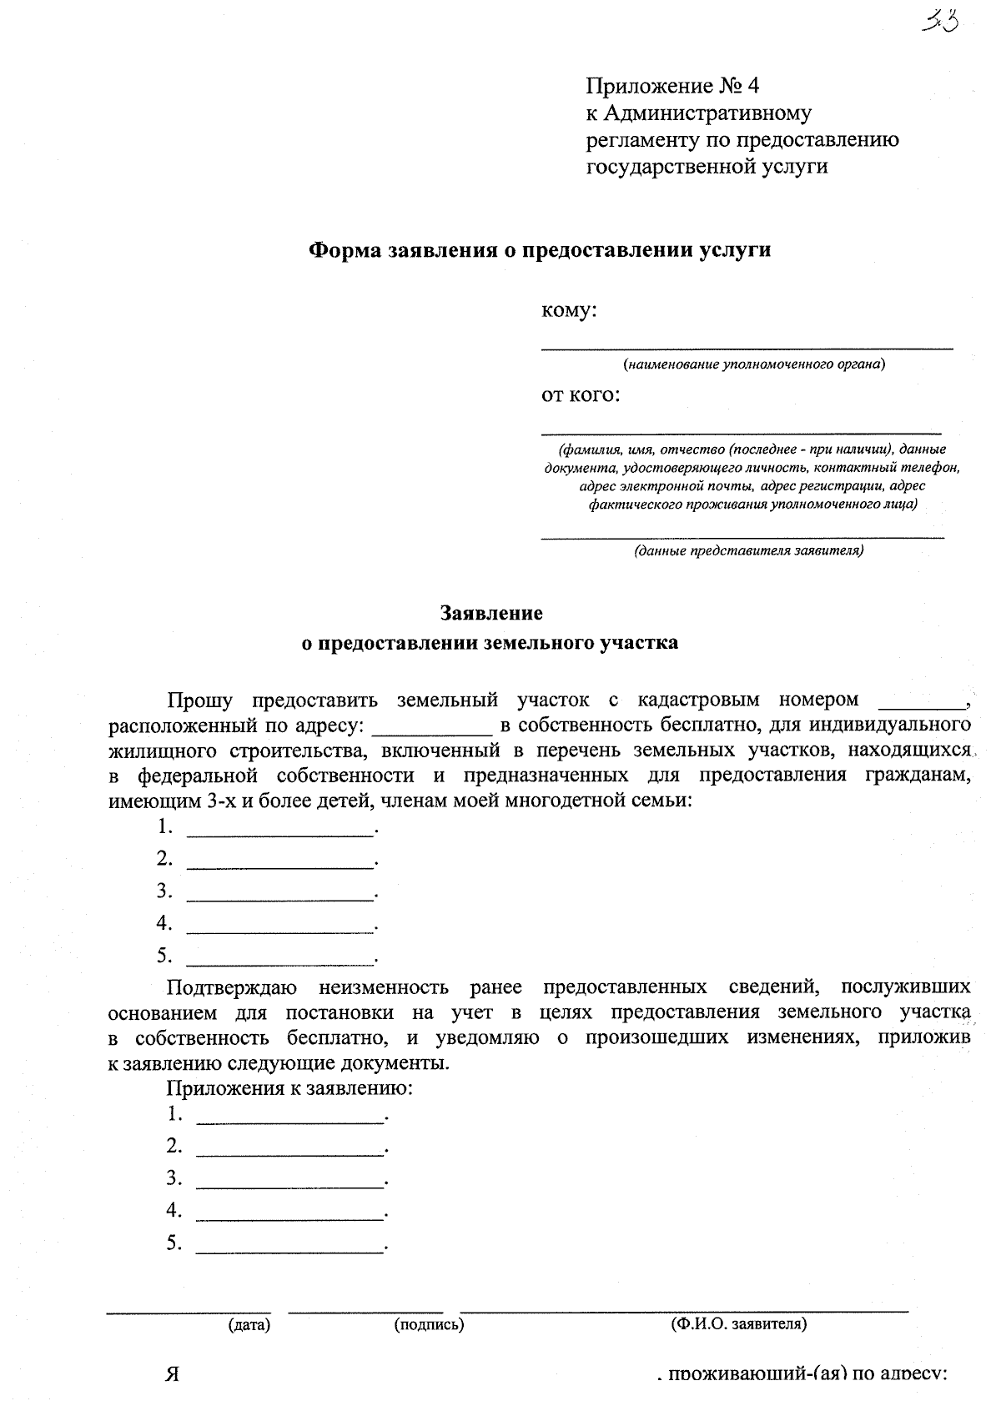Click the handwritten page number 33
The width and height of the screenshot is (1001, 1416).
(940, 21)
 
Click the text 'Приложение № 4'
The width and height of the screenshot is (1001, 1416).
(672, 86)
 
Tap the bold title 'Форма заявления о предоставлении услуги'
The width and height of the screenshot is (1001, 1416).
(540, 249)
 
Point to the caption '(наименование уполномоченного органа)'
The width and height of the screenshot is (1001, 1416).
(753, 364)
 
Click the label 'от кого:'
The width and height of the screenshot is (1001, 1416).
(581, 394)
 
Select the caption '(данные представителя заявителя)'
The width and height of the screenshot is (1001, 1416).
(748, 551)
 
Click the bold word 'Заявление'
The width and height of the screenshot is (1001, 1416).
(491, 613)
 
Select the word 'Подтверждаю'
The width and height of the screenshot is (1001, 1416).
(232, 987)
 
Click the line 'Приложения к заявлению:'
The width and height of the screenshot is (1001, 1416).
(290, 1087)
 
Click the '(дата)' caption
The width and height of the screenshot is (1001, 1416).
(249, 1323)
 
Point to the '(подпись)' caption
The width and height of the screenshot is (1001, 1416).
(429, 1323)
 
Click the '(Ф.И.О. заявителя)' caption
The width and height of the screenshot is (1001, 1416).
(738, 1323)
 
